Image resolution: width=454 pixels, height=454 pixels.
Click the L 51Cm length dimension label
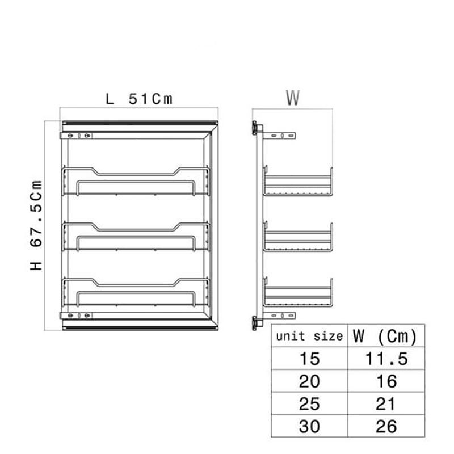tap(139, 99)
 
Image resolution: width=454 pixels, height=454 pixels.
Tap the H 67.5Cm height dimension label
tap(36, 225)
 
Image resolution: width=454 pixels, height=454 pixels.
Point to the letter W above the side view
tap(293, 98)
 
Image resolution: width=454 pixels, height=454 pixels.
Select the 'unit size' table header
tap(309, 336)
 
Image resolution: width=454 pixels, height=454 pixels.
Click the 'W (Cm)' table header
tap(385, 337)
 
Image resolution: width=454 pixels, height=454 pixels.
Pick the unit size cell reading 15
tap(309, 359)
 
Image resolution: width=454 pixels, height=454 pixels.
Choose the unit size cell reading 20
tap(309, 381)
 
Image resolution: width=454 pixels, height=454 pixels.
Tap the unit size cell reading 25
tap(309, 404)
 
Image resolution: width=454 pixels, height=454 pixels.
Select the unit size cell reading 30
tap(309, 427)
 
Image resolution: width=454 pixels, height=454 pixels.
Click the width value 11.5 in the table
tap(386, 359)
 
